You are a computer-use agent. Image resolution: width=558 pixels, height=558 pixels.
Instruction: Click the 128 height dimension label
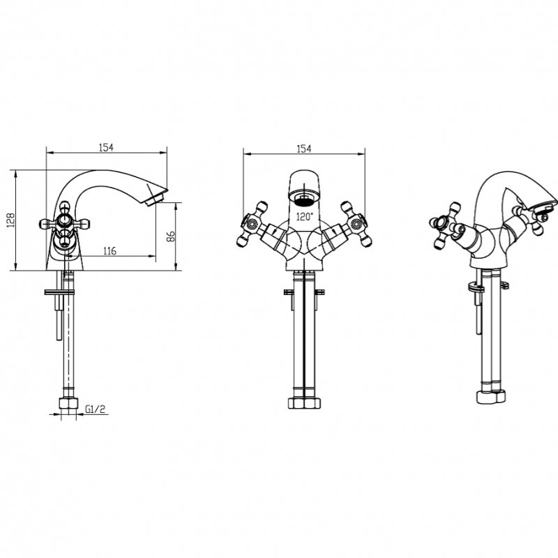pos(10,220)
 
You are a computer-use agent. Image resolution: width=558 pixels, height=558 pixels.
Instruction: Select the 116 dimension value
pos(110,251)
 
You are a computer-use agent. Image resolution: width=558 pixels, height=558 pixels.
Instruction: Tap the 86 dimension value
pos(171,236)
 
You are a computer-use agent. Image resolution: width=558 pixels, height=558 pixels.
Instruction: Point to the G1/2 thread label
pos(96,409)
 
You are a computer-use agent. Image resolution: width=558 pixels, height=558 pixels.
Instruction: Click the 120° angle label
pos(305,216)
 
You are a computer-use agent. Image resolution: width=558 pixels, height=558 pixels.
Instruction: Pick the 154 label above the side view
pos(106,147)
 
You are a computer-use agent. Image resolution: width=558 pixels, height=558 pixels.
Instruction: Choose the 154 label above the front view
pos(303,149)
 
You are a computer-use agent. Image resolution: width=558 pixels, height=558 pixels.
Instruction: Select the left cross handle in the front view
pos(252,224)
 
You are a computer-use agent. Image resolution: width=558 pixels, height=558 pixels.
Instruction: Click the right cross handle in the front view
pos(356,224)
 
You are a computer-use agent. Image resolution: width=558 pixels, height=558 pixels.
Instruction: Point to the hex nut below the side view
pos(68,403)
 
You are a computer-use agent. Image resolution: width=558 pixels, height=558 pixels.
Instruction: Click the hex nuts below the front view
pos(304,403)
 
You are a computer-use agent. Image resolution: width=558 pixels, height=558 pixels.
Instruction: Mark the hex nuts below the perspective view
pos(491,396)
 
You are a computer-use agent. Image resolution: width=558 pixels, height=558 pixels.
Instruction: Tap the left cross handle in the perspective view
pos(446,225)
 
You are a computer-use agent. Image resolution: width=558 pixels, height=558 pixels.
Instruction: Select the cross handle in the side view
pos(64,224)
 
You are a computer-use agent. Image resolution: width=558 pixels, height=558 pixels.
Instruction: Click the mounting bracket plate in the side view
pos(59,292)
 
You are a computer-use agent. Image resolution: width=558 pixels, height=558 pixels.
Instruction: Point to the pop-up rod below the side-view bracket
pos(59,317)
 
